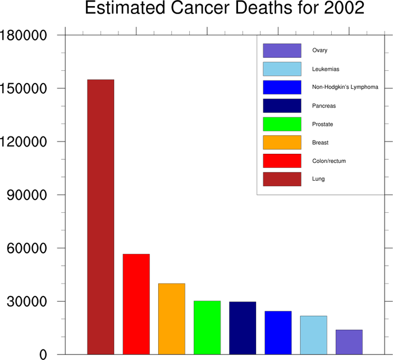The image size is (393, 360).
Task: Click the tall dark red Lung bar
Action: pyautogui.click(x=100, y=217)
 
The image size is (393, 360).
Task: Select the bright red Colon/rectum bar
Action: pyautogui.click(x=136, y=304)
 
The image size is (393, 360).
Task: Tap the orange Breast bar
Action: pyautogui.click(x=171, y=318)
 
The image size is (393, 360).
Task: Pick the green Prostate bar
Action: pyautogui.click(x=207, y=327)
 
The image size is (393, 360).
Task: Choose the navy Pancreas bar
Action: pyautogui.click(x=243, y=328)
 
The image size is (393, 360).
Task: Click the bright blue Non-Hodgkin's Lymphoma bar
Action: pyautogui.click(x=278, y=332)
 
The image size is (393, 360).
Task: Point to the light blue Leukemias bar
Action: pyautogui.click(x=313, y=335)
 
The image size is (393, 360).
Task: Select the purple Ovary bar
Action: pyautogui.click(x=349, y=342)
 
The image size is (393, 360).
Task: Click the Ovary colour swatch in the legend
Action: pyautogui.click(x=282, y=51)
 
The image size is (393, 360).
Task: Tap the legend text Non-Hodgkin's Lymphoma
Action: pyautogui.click(x=345, y=87)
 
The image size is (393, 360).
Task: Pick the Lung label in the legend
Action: pyautogui.click(x=318, y=179)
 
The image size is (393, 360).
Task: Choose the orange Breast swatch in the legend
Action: pyautogui.click(x=282, y=143)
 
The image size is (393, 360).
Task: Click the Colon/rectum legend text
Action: pyautogui.click(x=329, y=161)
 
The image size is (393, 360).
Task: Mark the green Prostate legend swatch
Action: pyautogui.click(x=282, y=124)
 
